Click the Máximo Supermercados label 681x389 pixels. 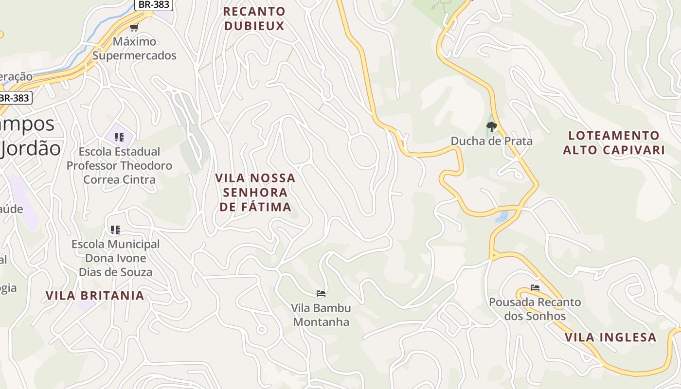(x=134, y=48)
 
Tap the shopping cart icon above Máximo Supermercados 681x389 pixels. (x=134, y=27)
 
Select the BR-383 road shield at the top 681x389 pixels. (x=153, y=4)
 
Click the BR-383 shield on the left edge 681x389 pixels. (x=15, y=98)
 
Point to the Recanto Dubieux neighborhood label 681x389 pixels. (x=254, y=18)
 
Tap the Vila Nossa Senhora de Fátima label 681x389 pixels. (x=255, y=192)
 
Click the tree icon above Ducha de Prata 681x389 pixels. (x=491, y=127)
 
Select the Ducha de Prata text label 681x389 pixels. (x=491, y=141)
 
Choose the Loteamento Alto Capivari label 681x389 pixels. (x=614, y=142)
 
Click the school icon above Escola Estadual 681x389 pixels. (x=119, y=137)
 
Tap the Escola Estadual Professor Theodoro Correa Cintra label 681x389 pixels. (x=119, y=165)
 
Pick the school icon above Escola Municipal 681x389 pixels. (x=115, y=230)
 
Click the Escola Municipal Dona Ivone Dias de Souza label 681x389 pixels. (x=115, y=258)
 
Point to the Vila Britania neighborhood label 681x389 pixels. (x=95, y=296)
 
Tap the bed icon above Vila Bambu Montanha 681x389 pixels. (x=321, y=293)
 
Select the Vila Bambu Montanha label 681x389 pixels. (x=321, y=315)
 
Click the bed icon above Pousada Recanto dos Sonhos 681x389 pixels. (x=535, y=288)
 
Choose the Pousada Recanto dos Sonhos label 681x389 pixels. (x=535, y=309)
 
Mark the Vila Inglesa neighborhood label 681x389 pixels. (x=610, y=337)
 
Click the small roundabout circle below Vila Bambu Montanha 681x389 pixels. (x=262, y=330)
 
